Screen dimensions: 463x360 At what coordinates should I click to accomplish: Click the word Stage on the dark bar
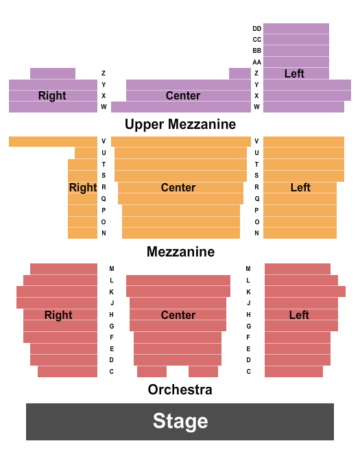click(x=180, y=421)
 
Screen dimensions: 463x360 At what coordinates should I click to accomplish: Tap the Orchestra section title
click(x=180, y=390)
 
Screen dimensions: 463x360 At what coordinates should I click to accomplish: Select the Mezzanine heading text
click(x=180, y=252)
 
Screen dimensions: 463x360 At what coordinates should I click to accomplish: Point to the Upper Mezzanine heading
click(x=180, y=124)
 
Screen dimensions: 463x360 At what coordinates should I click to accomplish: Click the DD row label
click(x=256, y=29)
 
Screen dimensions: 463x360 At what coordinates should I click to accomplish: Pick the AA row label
click(x=256, y=62)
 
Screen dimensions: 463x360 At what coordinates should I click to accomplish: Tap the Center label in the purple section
click(x=183, y=95)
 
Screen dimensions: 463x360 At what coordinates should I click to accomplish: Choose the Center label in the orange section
click(x=178, y=187)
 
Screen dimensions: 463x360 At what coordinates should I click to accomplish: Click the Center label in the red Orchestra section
click(x=178, y=315)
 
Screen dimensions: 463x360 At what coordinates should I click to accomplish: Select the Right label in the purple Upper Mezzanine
click(x=52, y=95)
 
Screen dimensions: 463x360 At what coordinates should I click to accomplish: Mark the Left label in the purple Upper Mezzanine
click(x=294, y=73)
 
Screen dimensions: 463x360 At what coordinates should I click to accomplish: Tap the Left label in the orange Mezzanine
click(x=300, y=187)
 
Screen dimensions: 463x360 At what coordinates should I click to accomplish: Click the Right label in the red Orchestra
click(x=58, y=315)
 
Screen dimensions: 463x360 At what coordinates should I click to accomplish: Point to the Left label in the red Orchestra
click(x=299, y=315)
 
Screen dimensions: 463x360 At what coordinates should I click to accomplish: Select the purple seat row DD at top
click(x=296, y=29)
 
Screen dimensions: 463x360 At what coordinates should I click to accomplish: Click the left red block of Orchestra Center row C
click(x=152, y=372)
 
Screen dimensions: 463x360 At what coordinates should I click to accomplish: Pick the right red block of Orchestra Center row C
click(x=203, y=372)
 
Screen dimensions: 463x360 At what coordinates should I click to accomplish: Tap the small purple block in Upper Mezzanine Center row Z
click(x=239, y=73)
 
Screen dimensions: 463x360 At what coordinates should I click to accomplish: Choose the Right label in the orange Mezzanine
click(x=83, y=187)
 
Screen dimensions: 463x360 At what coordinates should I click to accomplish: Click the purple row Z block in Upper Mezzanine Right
click(x=53, y=73)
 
